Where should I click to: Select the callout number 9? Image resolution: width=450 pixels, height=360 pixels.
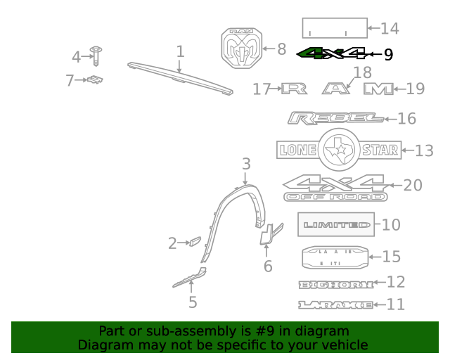(x=388, y=54)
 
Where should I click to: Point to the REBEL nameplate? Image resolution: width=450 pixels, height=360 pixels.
(x=335, y=118)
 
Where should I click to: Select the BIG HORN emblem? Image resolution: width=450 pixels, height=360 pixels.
(x=335, y=284)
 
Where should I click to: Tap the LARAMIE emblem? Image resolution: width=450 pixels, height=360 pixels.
(x=335, y=304)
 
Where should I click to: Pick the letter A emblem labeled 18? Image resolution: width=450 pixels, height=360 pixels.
(x=337, y=89)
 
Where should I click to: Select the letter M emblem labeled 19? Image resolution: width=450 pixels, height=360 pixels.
(x=378, y=89)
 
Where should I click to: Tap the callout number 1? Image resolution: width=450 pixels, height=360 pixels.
(x=180, y=51)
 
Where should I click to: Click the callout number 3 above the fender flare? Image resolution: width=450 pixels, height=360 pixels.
(x=246, y=164)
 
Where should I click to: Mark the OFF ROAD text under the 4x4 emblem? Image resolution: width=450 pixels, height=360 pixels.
(x=335, y=198)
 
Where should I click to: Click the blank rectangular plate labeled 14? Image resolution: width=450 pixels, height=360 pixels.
(x=335, y=28)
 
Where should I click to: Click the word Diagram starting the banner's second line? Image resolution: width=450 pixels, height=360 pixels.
(x=104, y=345)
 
